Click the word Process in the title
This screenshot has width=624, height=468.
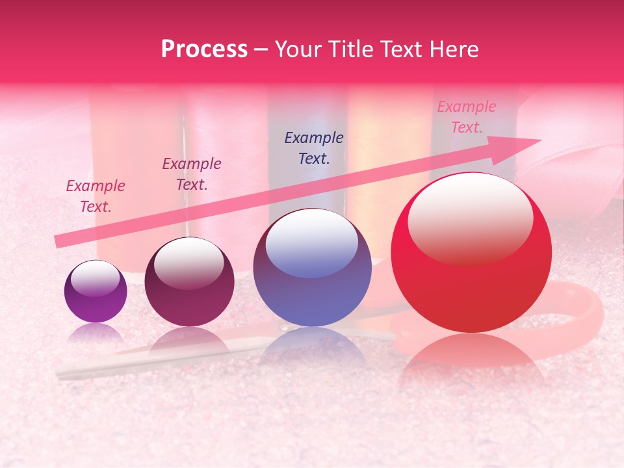204,49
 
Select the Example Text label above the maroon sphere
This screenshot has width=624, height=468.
191,174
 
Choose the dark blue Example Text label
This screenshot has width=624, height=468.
313,148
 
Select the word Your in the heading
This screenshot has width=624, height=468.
296,49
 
